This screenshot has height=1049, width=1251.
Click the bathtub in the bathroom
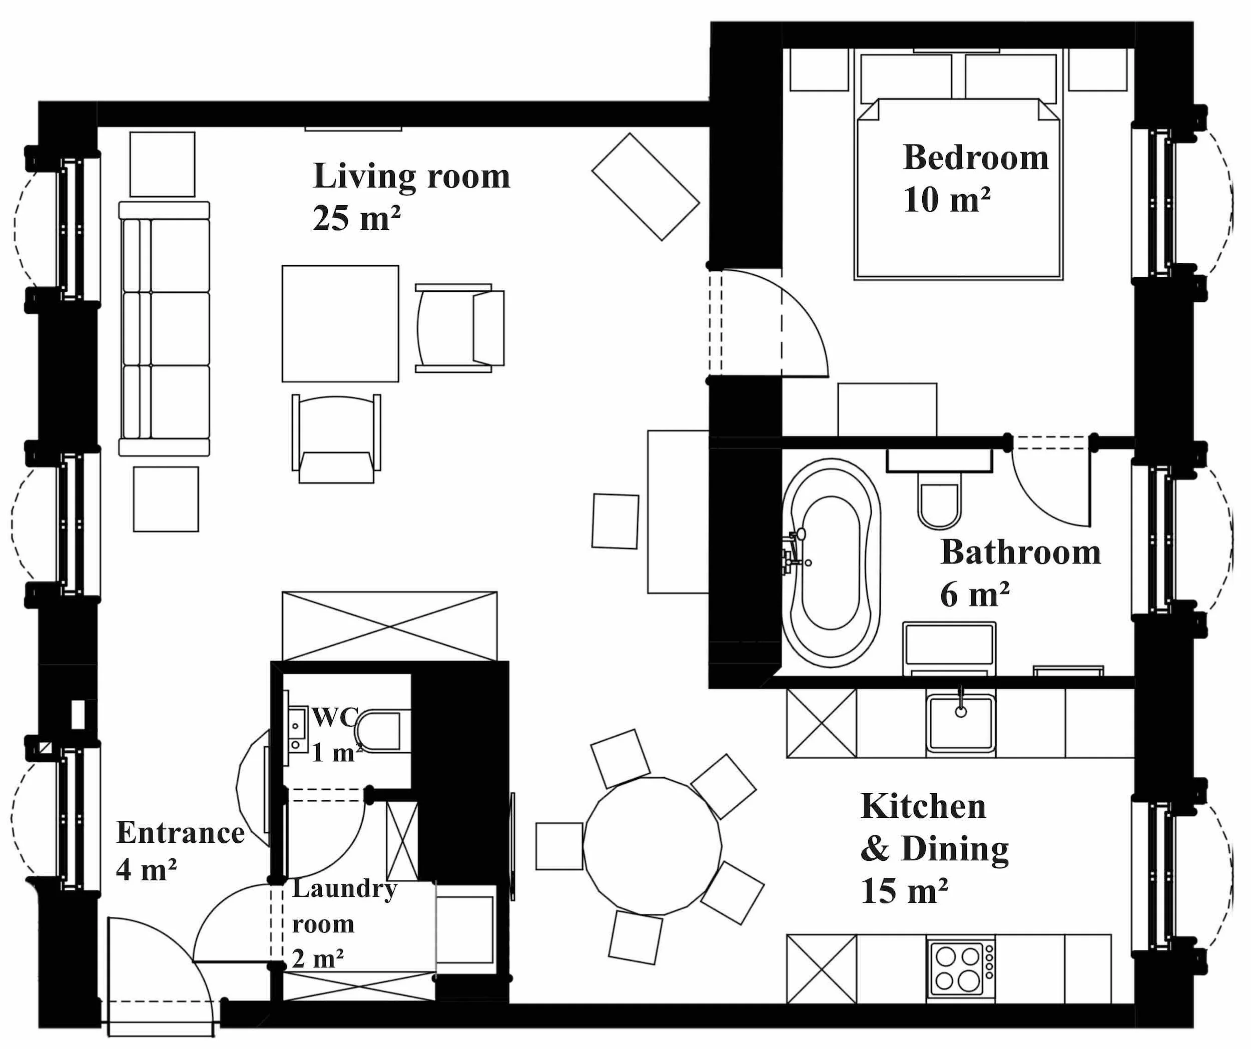tap(831, 563)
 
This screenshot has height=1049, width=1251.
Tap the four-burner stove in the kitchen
tap(961, 969)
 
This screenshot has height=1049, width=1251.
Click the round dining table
tap(653, 845)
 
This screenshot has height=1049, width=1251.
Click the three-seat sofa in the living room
tap(165, 329)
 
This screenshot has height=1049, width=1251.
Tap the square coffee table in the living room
tap(340, 323)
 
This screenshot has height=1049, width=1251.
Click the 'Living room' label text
tap(411, 176)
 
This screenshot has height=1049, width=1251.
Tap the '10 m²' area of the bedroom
tap(947, 200)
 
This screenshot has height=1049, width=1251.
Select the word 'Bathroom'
tap(1020, 552)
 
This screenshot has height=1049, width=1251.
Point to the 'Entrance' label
tap(180, 832)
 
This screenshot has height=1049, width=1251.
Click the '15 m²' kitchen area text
tap(904, 891)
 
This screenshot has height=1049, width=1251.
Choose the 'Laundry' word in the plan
tap(344, 889)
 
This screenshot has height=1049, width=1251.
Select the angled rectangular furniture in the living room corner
tap(645, 187)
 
